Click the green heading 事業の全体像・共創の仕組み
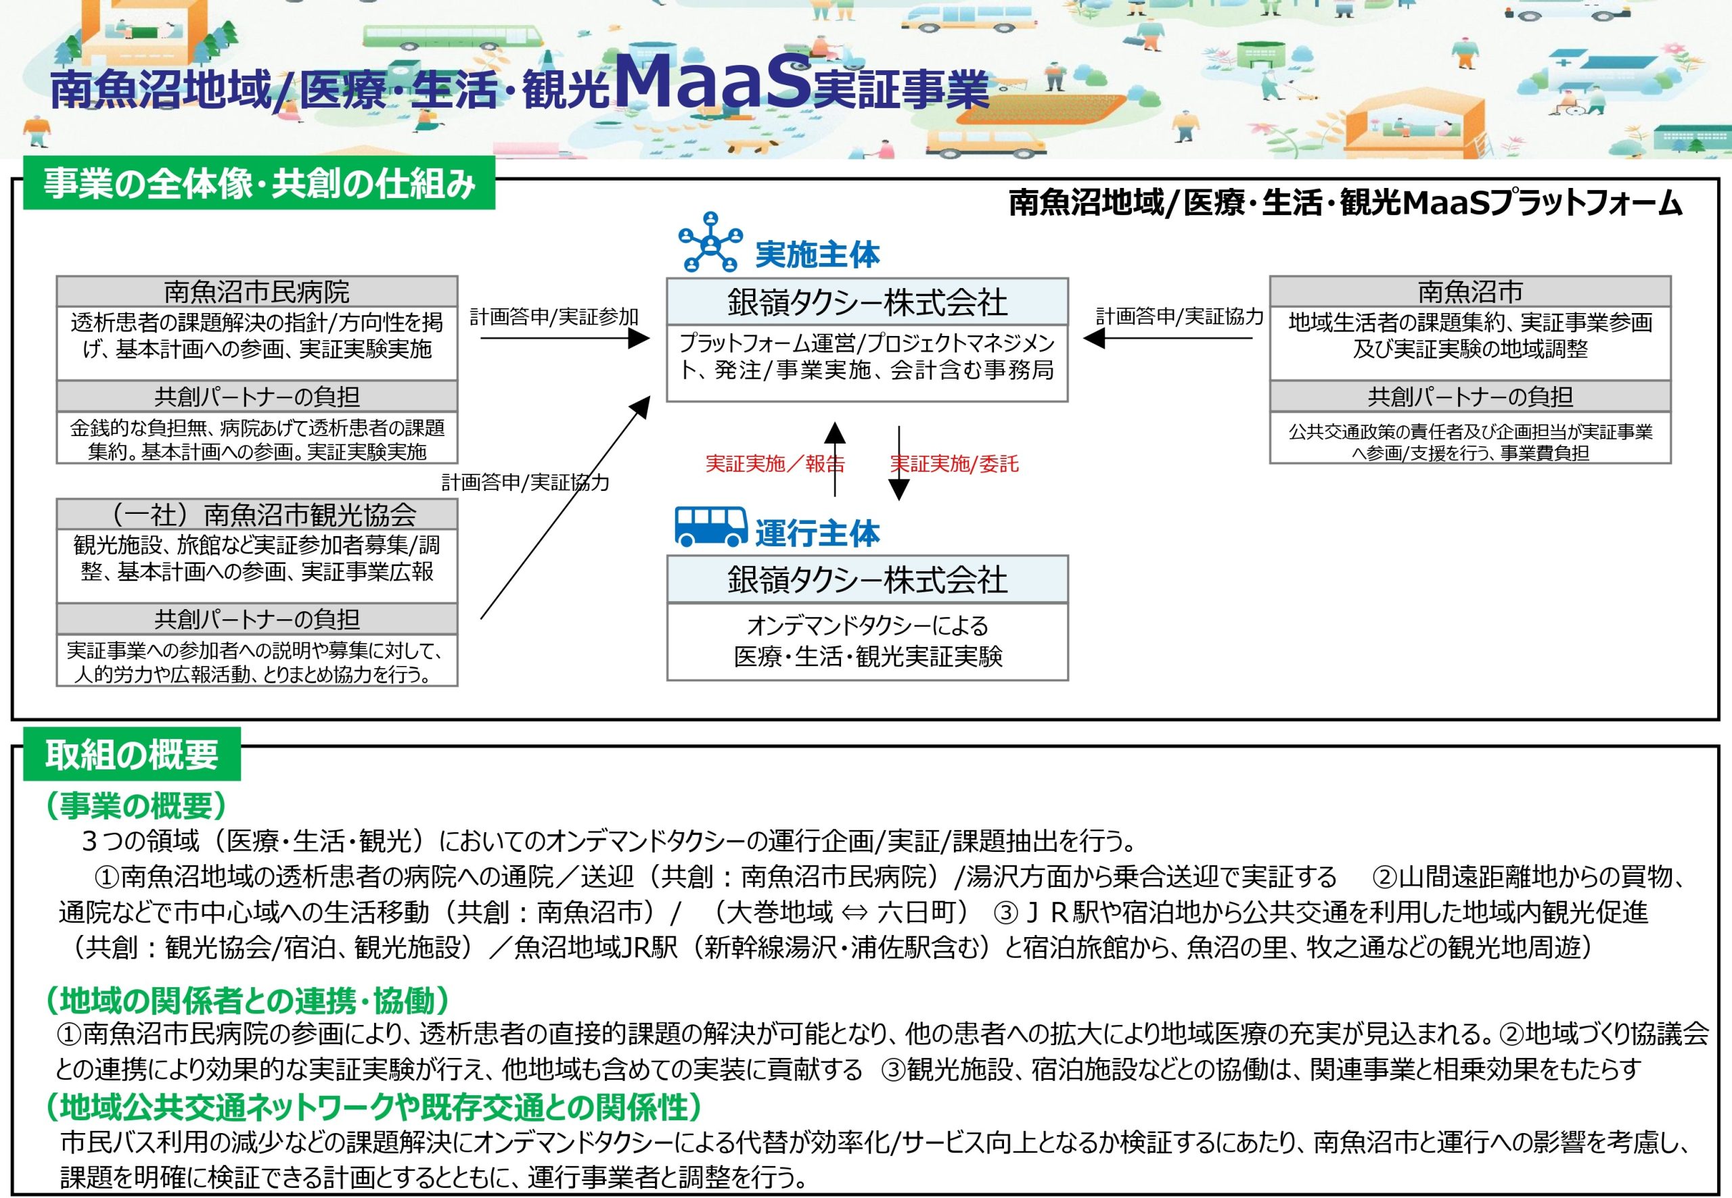coord(259,183)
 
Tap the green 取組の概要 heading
coord(132,754)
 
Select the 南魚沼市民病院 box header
coord(257,291)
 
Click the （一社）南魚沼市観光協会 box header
coord(257,514)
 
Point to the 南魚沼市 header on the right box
coord(1470,291)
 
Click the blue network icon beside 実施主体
coord(710,242)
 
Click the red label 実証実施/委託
coord(955,464)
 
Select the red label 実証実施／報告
coord(775,464)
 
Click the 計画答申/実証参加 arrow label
coord(554,317)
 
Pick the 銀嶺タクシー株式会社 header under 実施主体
coord(867,302)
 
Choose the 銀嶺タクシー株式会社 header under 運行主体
coord(867,579)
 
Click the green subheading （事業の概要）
coord(136,805)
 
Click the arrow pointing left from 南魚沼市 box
coord(1168,339)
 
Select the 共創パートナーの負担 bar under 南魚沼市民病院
coord(257,396)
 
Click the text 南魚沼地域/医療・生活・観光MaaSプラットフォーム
coord(1345,203)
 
